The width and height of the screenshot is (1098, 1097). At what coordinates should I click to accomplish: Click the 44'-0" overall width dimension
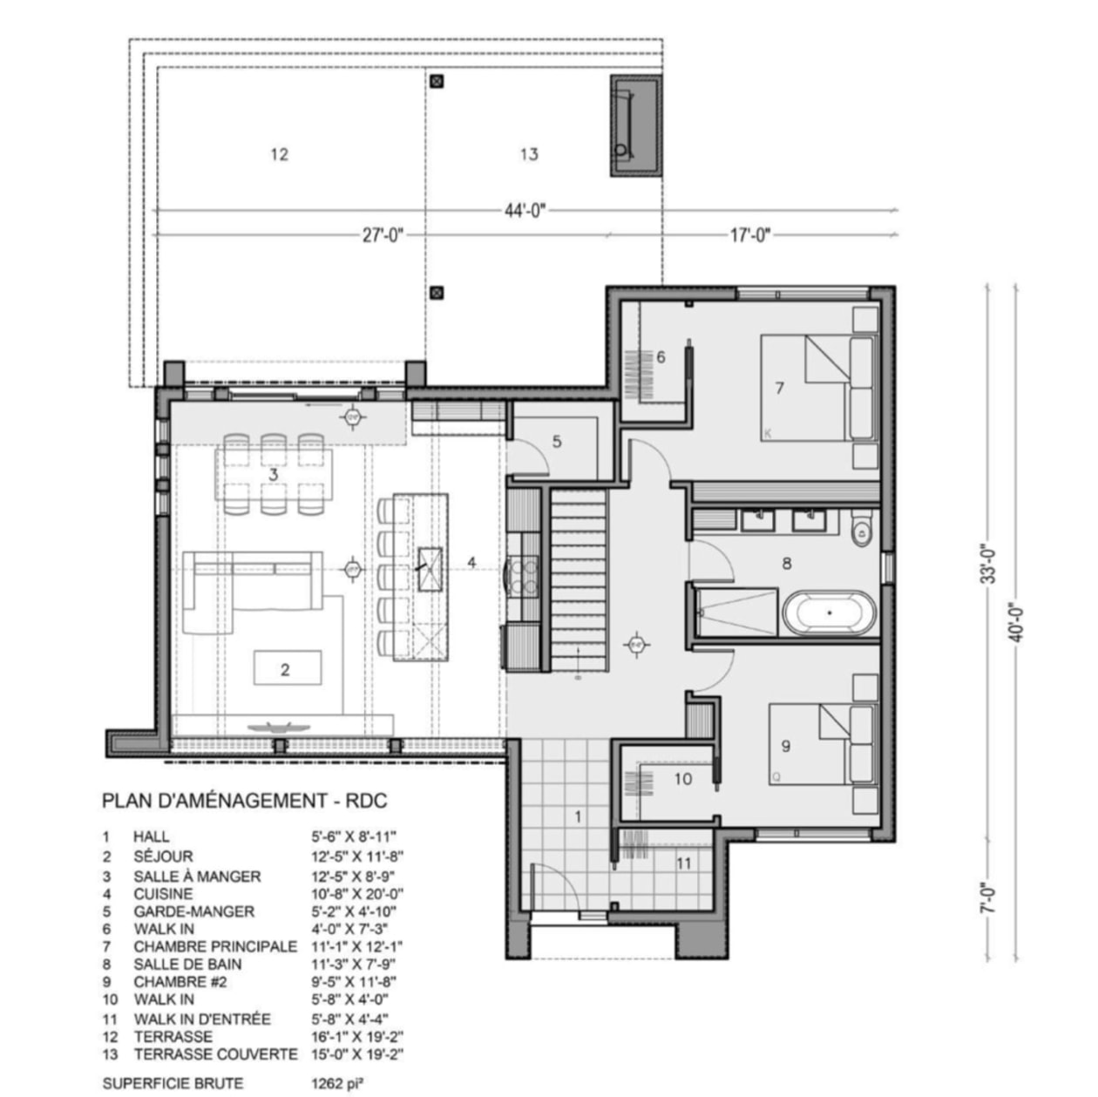pos(525,211)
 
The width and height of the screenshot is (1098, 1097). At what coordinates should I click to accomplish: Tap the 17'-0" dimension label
pos(750,234)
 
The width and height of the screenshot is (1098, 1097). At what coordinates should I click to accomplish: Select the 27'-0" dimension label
pos(383,234)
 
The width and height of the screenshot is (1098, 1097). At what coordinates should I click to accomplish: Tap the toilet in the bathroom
pos(861,530)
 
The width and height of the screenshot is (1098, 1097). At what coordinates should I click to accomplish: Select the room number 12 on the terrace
pos(279,154)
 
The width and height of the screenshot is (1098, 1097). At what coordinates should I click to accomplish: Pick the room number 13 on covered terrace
pos(529,154)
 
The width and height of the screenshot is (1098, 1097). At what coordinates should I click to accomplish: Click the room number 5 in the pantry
pos(557,441)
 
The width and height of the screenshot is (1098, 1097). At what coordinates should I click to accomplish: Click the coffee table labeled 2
pos(288,668)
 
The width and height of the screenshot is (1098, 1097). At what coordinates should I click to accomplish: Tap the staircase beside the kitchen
pos(579,580)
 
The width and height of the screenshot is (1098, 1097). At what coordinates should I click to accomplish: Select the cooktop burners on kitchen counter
pos(525,576)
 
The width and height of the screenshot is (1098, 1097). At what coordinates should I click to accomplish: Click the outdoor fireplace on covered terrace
pos(636,126)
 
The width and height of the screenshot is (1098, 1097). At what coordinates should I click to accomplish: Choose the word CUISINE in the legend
pos(163,894)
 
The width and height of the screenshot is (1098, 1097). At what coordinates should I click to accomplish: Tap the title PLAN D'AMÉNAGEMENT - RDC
pos(245,801)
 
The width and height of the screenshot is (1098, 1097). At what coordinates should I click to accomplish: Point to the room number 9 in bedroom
pos(786,746)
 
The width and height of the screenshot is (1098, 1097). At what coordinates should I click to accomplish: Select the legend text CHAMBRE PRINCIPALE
pos(215,946)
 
